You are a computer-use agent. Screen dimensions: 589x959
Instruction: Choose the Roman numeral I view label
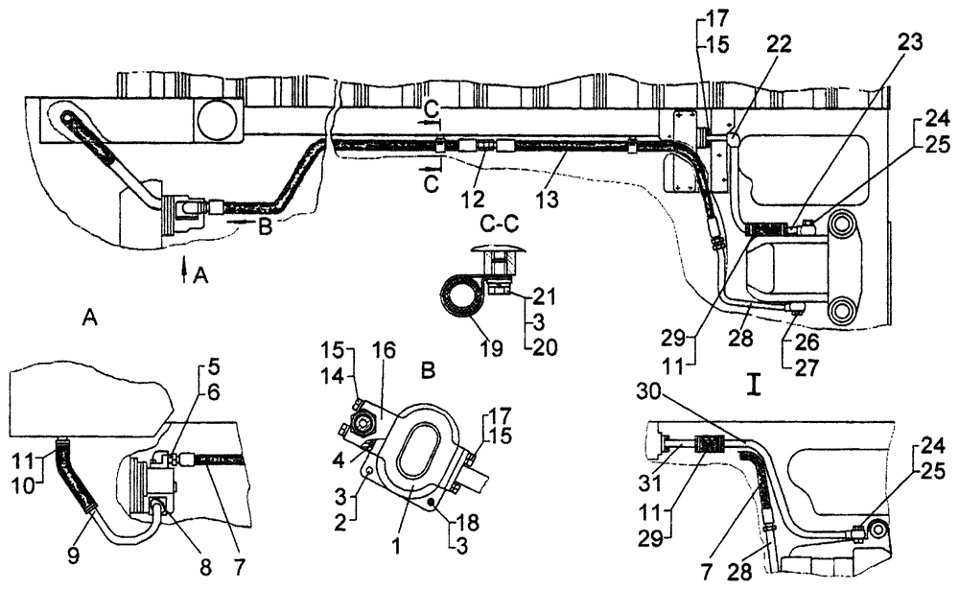pyautogui.click(x=756, y=389)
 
